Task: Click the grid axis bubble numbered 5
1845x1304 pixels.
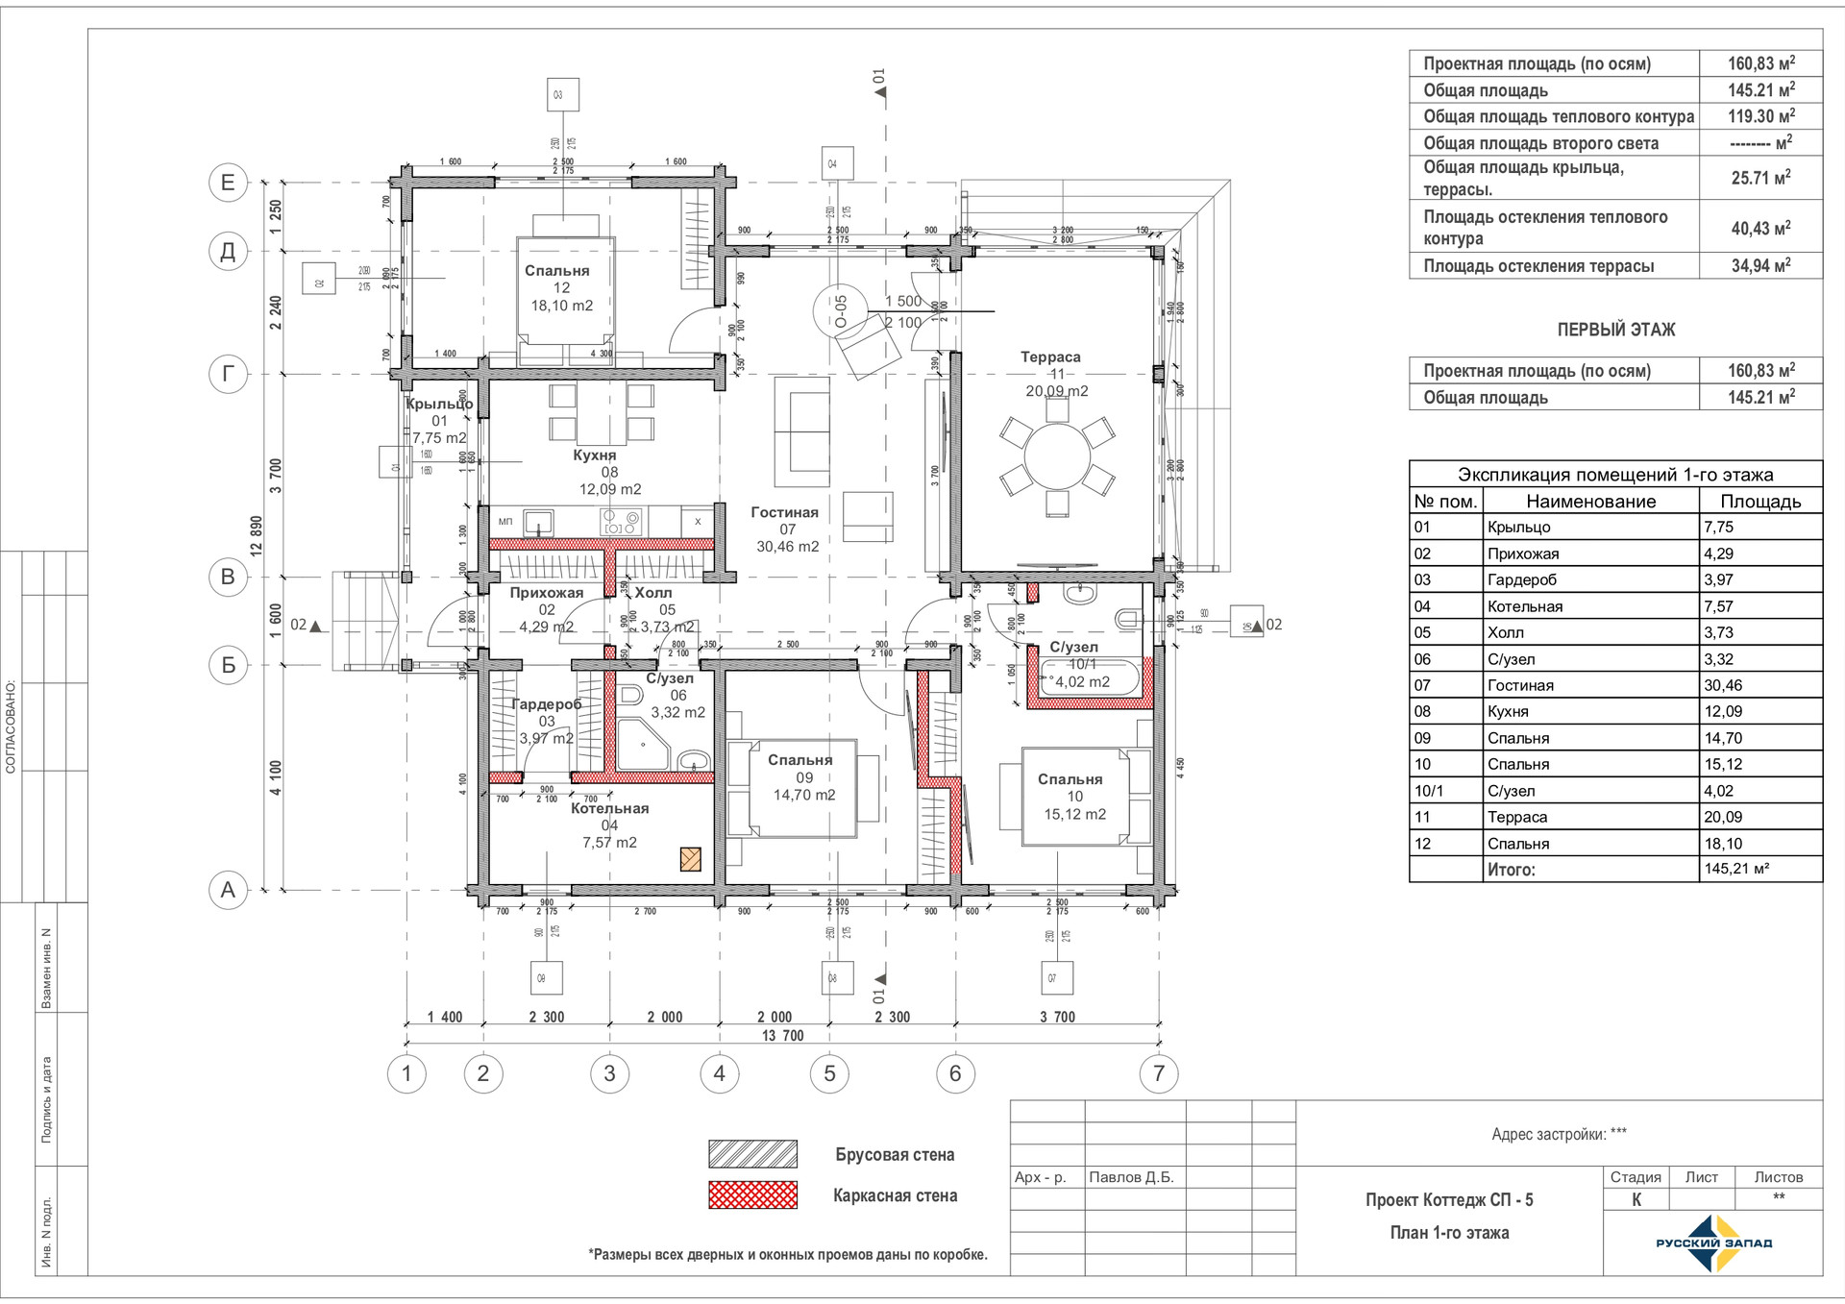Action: pyautogui.click(x=830, y=1073)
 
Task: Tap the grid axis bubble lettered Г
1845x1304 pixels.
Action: pyautogui.click(x=228, y=374)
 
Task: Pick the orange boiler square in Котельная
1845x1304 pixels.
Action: pyautogui.click(x=690, y=859)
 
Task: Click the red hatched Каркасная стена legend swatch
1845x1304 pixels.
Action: pyautogui.click(x=752, y=1195)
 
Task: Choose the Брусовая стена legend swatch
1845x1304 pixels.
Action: pyautogui.click(x=752, y=1154)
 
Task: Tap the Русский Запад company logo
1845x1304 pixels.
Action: pyautogui.click(x=1713, y=1243)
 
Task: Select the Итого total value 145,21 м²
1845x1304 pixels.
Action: pyautogui.click(x=1736, y=869)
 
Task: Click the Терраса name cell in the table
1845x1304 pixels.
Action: pyautogui.click(x=1517, y=817)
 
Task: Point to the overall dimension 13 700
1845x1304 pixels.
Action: pyautogui.click(x=782, y=1036)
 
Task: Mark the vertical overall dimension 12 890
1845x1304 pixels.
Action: pyautogui.click(x=257, y=536)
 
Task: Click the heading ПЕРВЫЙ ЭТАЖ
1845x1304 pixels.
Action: pyautogui.click(x=1615, y=330)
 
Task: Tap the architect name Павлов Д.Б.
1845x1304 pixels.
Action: pyautogui.click(x=1131, y=1177)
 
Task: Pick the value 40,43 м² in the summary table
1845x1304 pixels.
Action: pyautogui.click(x=1760, y=228)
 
